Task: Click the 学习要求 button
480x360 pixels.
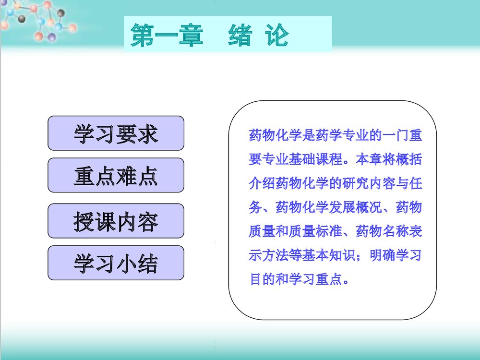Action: (116, 133)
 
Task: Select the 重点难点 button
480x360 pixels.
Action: (116, 176)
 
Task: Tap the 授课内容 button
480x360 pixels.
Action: (116, 221)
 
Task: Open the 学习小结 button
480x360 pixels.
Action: (116, 263)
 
